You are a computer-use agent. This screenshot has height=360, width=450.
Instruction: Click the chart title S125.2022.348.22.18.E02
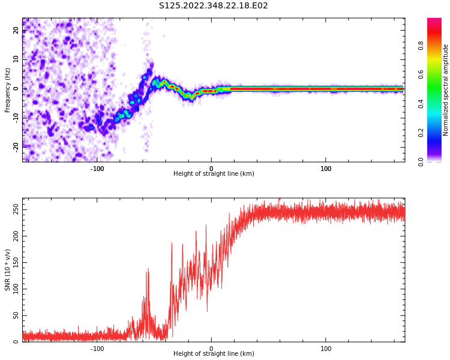coord(213,6)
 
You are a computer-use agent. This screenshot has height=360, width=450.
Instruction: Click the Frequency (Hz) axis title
coord(8,90)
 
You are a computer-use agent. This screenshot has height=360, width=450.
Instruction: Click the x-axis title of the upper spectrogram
coord(214,174)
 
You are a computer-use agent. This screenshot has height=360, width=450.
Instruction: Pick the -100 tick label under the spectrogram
coord(97,169)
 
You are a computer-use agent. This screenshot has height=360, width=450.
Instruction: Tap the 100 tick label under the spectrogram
coord(326,169)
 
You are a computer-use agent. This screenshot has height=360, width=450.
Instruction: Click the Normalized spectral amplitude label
coord(446,90)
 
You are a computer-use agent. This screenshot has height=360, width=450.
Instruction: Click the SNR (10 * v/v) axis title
coord(8,270)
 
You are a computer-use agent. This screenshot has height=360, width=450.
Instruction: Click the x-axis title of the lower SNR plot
coord(214,354)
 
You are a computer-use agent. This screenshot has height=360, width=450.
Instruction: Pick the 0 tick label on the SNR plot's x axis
coord(211,349)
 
